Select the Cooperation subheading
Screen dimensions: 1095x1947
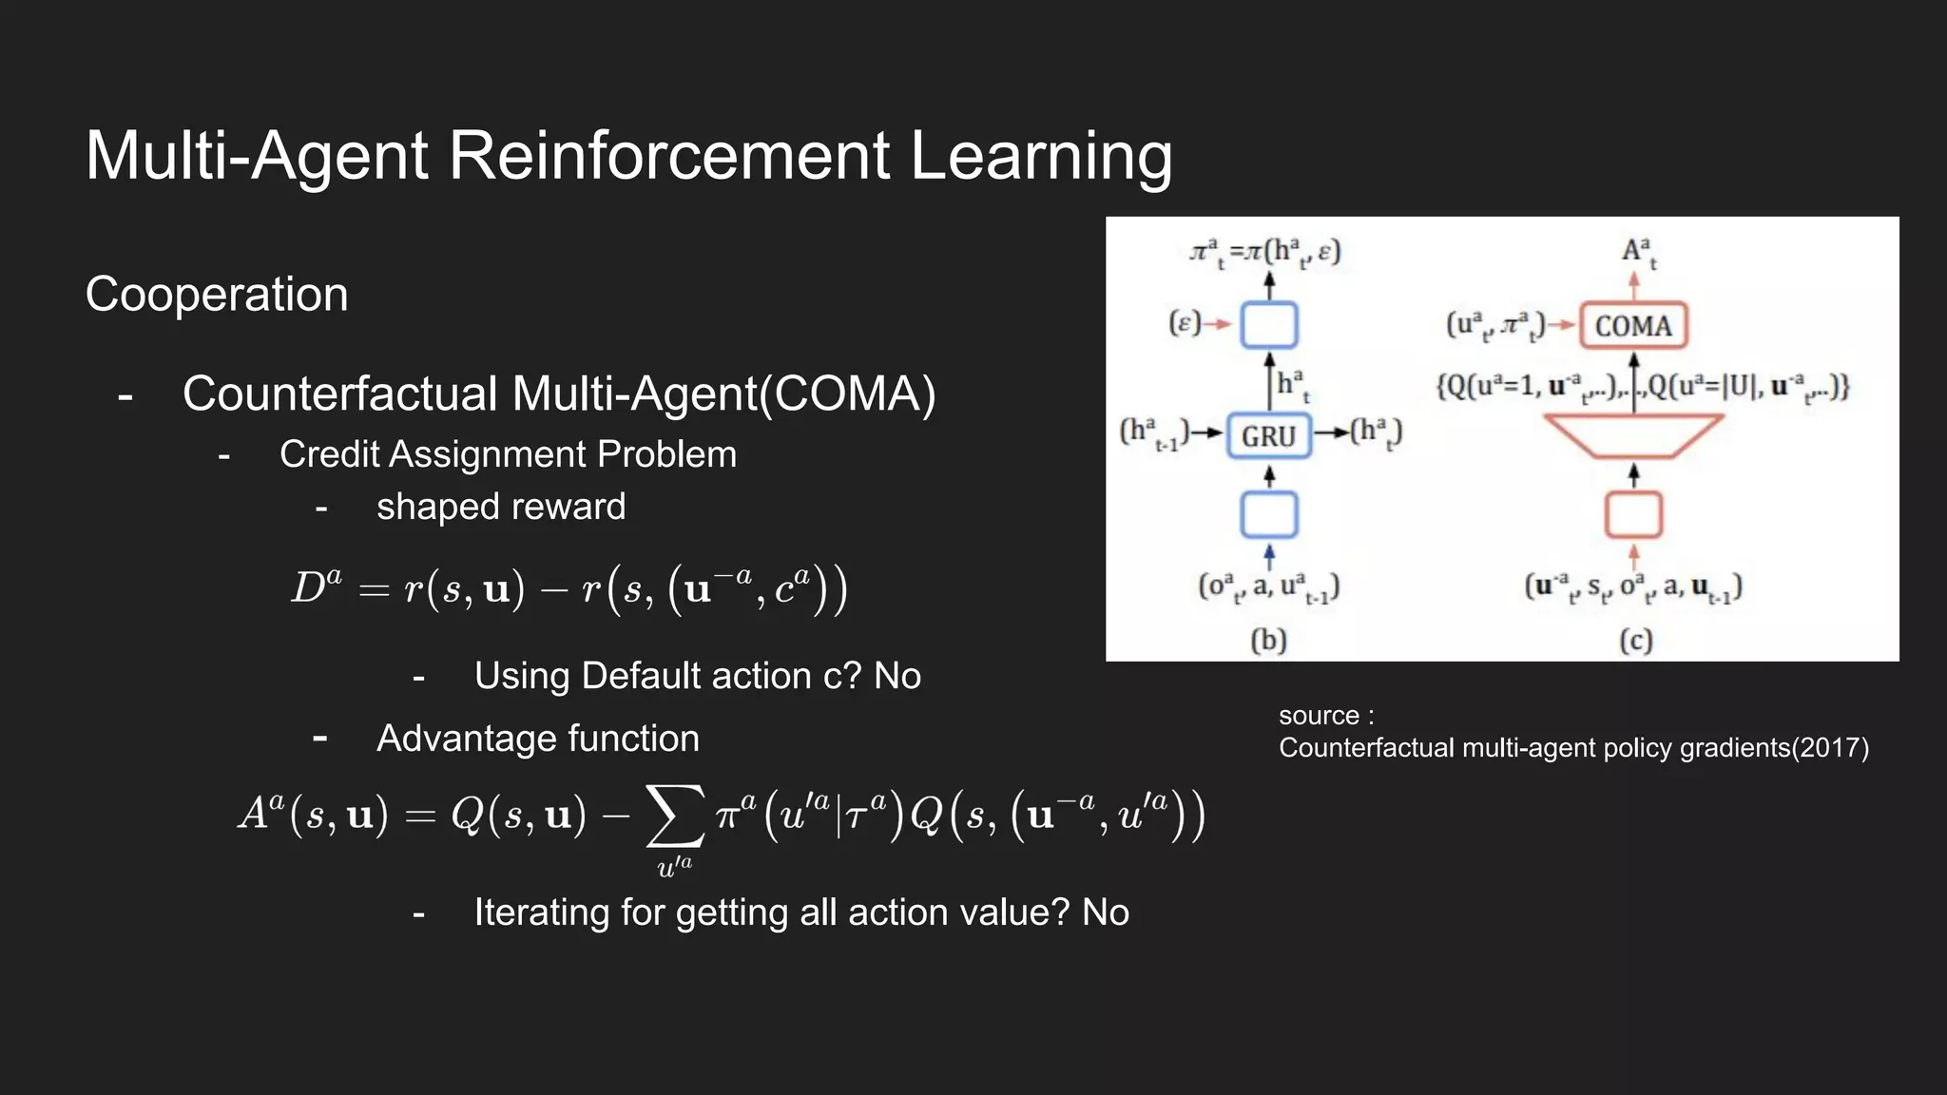[x=217, y=295]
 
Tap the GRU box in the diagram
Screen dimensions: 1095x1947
[x=1268, y=436]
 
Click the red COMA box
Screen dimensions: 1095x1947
[x=1633, y=326]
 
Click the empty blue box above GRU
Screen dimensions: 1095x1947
[x=1269, y=325]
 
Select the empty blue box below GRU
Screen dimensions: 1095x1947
[x=1269, y=515]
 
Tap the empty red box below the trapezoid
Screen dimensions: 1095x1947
[x=1633, y=515]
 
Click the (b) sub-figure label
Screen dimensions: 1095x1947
[x=1268, y=641]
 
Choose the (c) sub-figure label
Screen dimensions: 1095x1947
[x=1635, y=641]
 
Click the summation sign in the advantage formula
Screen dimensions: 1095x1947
[x=675, y=816]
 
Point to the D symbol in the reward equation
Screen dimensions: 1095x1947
[x=309, y=589]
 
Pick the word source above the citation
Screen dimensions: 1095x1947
[x=1319, y=716]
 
